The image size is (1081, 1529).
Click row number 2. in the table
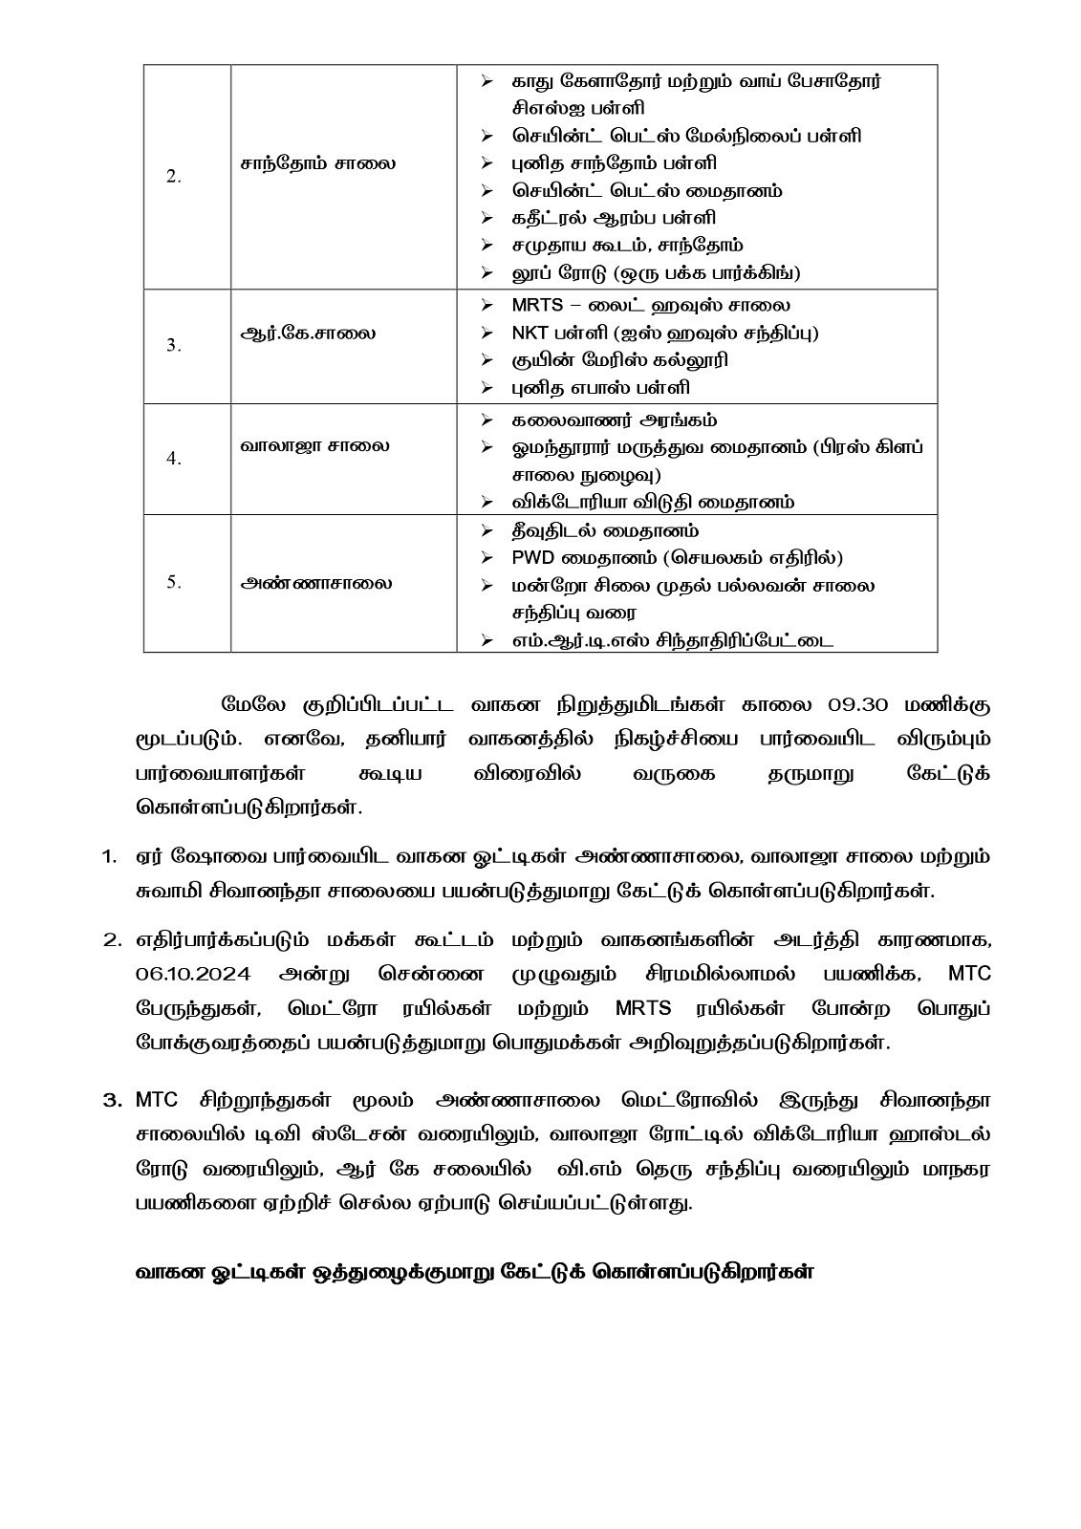click(174, 178)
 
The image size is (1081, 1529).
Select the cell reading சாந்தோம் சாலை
click(318, 163)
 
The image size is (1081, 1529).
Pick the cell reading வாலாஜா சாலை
click(315, 445)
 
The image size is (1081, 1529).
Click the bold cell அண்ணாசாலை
click(316, 583)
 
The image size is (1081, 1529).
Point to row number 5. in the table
click(174, 582)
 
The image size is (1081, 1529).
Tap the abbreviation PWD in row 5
click(531, 557)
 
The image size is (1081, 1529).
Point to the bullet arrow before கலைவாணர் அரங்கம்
click(487, 420)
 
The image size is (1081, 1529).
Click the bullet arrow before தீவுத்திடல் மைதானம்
click(487, 529)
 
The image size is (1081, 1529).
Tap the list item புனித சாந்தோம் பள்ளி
click(614, 163)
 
